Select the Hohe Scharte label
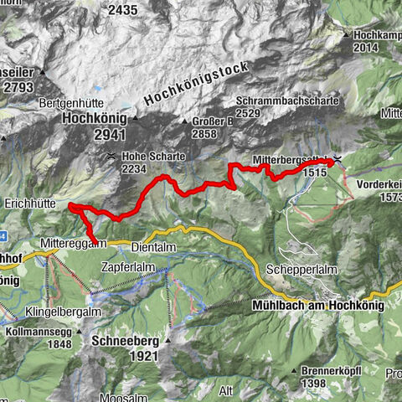(152, 156)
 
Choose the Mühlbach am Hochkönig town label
(316, 306)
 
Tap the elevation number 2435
(121, 10)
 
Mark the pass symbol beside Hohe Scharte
(111, 156)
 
